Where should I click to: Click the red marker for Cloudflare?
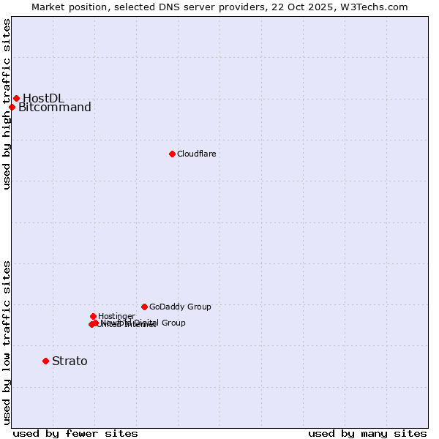pos(172,154)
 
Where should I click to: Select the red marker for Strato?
pos(45,361)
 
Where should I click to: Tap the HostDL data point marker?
pos(16,98)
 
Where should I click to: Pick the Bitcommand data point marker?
pos(12,108)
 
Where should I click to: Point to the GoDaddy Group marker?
pos(144,307)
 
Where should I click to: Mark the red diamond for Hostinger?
pos(93,316)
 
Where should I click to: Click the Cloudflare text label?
pos(196,154)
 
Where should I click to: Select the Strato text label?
pos(70,361)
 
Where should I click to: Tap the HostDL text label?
pos(43,98)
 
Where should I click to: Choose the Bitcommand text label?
pos(55,108)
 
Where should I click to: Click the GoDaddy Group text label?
pos(180,307)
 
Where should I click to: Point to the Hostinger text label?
pos(116,316)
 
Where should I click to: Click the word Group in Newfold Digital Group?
pos(173,323)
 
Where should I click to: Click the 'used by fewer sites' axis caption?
pos(75,433)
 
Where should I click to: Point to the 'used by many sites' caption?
pos(367,433)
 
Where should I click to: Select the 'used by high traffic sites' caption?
pos(7,104)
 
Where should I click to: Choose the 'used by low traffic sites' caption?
pos(7,342)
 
